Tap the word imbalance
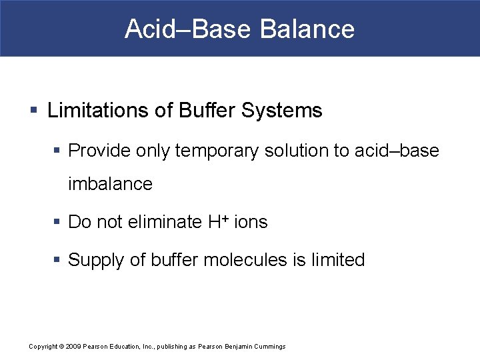110,184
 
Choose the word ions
251,222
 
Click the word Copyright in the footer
43,347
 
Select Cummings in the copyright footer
270,347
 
